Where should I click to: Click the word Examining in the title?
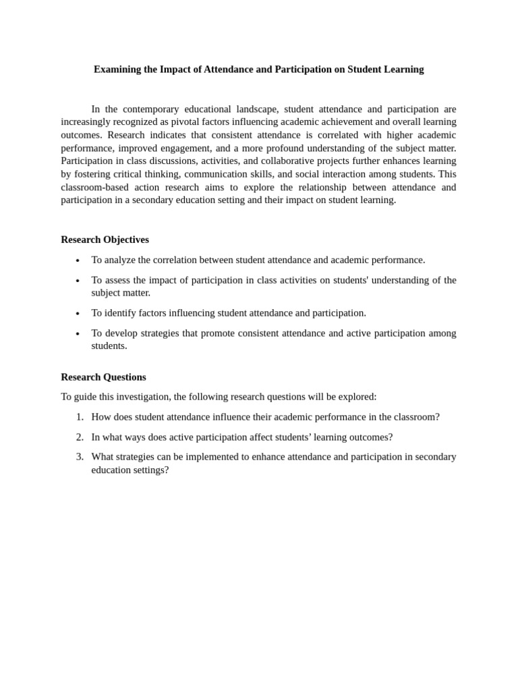[117, 70]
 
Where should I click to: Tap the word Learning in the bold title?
[403, 70]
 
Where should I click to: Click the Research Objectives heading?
[105, 240]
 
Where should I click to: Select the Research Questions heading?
[103, 377]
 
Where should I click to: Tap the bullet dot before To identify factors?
[78, 314]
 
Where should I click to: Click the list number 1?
[79, 417]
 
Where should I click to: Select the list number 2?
[79, 437]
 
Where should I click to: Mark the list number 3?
[79, 457]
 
